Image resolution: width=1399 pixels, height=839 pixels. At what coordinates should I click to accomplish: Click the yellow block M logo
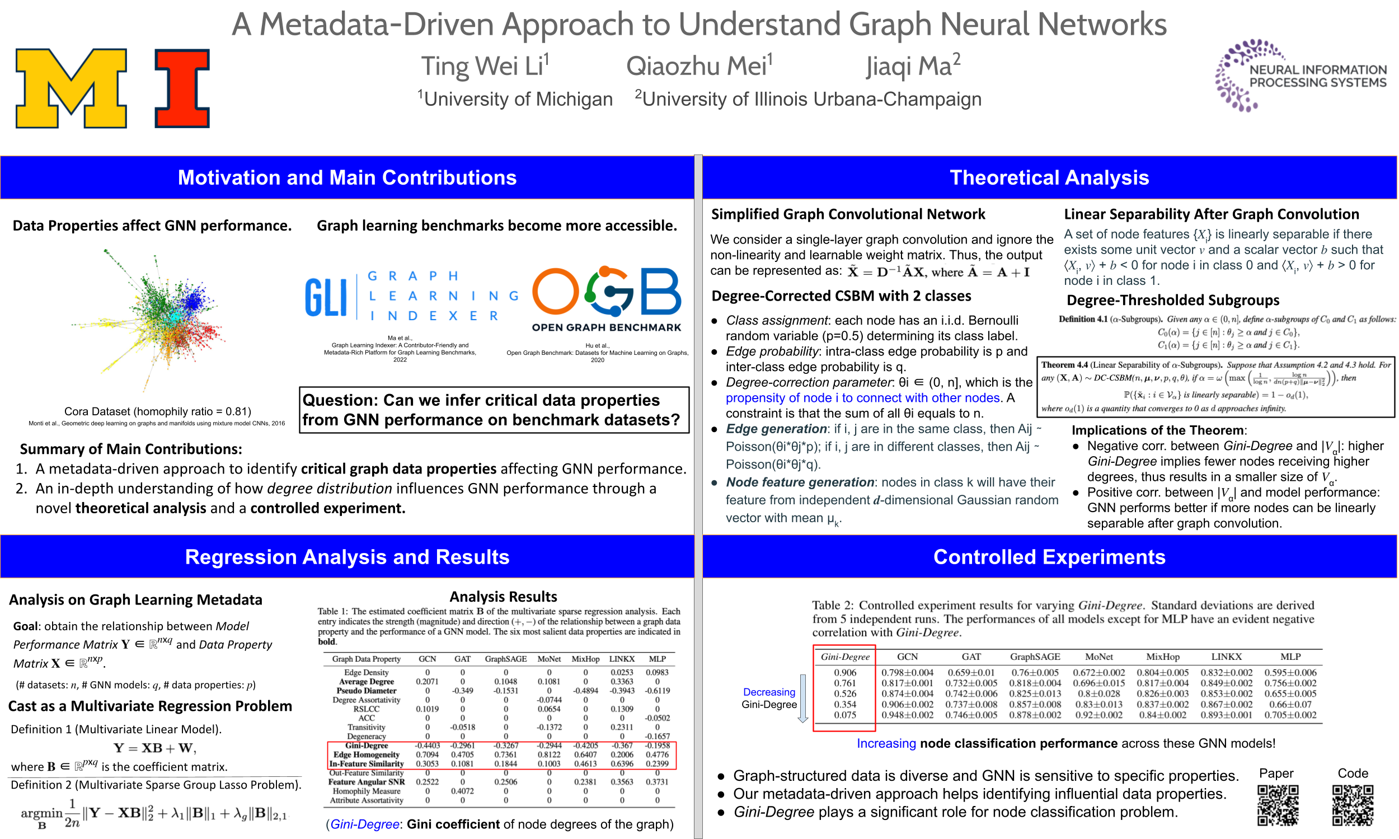[71, 88]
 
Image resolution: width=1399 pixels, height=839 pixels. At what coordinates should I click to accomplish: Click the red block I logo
[182, 88]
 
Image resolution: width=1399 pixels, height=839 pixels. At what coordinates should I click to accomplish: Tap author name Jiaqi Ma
[913, 65]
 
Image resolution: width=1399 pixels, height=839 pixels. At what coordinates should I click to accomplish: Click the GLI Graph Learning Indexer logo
[411, 296]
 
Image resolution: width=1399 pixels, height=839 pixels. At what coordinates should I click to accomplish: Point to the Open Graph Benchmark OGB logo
[607, 299]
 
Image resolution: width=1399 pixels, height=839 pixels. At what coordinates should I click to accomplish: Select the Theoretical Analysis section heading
[1049, 177]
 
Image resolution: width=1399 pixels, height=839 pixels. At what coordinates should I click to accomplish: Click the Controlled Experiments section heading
[1049, 557]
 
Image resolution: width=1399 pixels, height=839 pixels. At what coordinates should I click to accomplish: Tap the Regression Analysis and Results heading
[347, 557]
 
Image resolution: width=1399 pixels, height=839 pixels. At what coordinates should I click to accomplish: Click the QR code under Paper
[1278, 805]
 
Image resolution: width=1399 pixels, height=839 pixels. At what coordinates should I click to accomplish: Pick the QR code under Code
[1353, 805]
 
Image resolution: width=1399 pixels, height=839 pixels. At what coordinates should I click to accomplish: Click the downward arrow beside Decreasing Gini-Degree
[802, 698]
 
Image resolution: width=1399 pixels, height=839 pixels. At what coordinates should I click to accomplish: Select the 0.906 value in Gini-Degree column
[845, 672]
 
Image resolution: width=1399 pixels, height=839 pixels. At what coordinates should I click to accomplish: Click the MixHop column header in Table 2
[1163, 657]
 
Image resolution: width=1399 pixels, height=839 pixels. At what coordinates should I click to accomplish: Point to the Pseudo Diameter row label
[367, 690]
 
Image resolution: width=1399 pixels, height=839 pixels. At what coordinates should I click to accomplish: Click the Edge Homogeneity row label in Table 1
[367, 754]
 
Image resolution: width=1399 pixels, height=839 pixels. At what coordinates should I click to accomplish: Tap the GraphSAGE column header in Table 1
[505, 659]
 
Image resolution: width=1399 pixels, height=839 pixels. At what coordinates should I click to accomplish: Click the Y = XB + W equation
[155, 748]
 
